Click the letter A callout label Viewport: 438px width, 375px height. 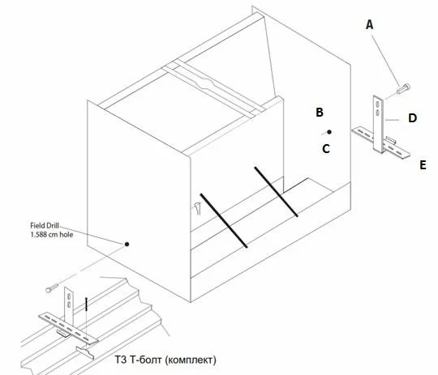[x=369, y=25]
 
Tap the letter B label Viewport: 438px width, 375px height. [x=320, y=112]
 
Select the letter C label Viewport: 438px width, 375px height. [x=326, y=149]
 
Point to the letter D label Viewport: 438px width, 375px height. [x=412, y=118]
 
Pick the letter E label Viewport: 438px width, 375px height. [x=423, y=165]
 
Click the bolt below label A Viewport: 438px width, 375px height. [x=403, y=88]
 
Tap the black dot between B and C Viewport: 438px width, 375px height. [x=329, y=132]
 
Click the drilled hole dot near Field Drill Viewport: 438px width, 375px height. [x=127, y=244]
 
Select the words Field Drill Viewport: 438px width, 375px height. [x=45, y=225]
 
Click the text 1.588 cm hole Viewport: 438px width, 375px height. [x=52, y=234]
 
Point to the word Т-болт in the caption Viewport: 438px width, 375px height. [x=146, y=360]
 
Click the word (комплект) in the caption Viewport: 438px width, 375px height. [x=191, y=360]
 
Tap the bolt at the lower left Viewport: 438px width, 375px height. [x=52, y=288]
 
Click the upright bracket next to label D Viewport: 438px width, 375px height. [x=379, y=124]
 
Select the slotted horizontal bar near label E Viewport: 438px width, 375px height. [x=380, y=143]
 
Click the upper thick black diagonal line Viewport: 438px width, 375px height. [x=276, y=192]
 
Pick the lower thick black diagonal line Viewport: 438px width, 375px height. [x=224, y=220]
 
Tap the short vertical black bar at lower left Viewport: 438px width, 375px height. [x=86, y=304]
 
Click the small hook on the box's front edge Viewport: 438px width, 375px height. [x=197, y=208]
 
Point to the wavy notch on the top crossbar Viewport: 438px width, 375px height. [x=206, y=83]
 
